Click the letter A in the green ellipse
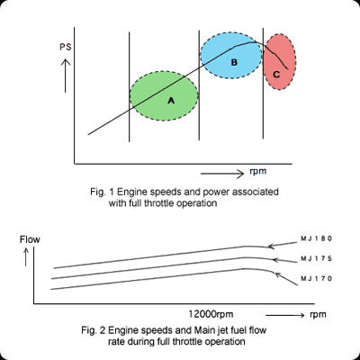tap(171, 101)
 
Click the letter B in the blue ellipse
tap(234, 62)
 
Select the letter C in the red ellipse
tap(276, 75)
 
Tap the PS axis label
tap(66, 48)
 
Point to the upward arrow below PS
tap(66, 76)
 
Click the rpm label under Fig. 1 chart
tap(258, 172)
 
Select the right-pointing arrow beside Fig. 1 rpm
tap(222, 174)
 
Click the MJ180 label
tap(316, 238)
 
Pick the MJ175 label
tap(316, 258)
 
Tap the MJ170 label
tap(316, 279)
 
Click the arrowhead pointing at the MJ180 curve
tap(271, 247)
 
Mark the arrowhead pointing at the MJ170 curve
tap(278, 274)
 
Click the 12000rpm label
tap(211, 314)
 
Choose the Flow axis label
tap(30, 239)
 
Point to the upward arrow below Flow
tap(26, 257)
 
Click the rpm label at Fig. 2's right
tap(318, 315)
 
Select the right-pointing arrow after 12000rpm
tap(285, 315)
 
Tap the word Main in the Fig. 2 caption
tap(202, 330)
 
